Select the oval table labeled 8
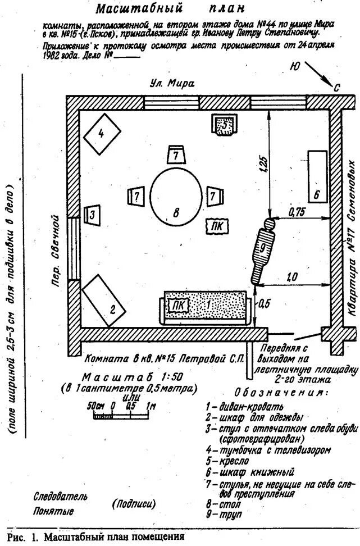click(176, 197)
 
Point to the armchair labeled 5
click(225, 125)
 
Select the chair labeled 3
click(92, 214)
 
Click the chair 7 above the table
click(176, 154)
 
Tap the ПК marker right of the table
click(217, 226)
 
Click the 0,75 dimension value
click(297, 212)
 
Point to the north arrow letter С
click(336, 88)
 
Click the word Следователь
click(61, 497)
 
